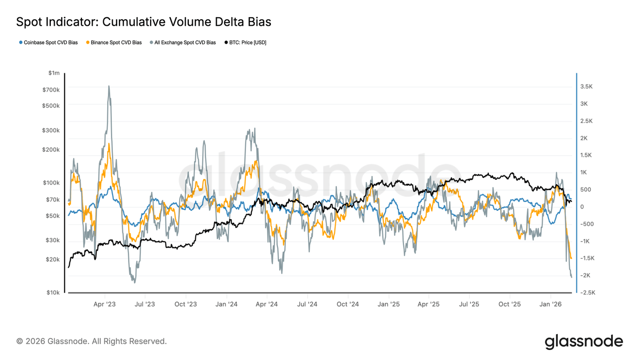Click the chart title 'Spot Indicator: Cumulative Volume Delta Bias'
click(x=143, y=22)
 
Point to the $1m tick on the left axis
click(x=54, y=73)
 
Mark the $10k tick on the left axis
click(x=53, y=292)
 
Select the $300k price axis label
click(x=51, y=130)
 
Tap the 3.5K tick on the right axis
click(x=586, y=87)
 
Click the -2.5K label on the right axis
click(x=587, y=292)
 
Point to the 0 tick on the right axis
click(x=582, y=207)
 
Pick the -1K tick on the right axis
click(x=585, y=241)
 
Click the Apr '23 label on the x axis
click(x=105, y=304)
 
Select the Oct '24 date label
click(x=347, y=304)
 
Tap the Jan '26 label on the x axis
click(x=550, y=304)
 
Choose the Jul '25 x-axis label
click(x=469, y=304)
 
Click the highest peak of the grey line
click(x=109, y=86)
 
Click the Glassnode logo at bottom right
click(x=584, y=341)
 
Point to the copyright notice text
click(x=91, y=341)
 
